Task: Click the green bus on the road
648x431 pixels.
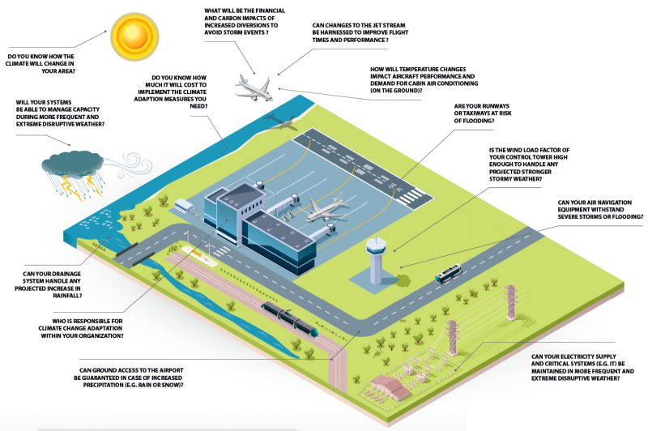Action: (x=448, y=275)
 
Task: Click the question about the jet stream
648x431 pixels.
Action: (x=361, y=32)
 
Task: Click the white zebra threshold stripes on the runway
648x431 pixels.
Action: (x=413, y=195)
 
